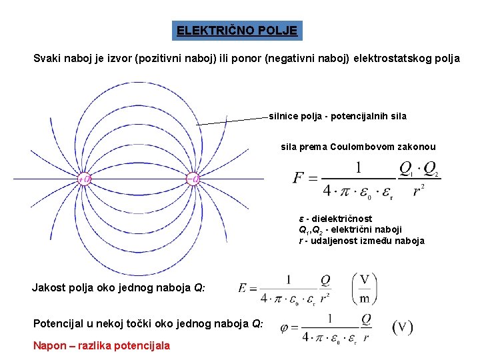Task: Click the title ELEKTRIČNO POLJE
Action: coord(237,31)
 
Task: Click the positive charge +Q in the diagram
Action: coord(85,179)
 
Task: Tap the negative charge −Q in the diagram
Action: coord(193,179)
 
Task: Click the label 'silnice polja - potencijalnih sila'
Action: coord(337,116)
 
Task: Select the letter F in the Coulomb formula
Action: coord(299,179)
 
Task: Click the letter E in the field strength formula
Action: coord(243,288)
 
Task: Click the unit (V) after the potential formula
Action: coord(402,327)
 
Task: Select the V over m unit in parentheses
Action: coord(364,287)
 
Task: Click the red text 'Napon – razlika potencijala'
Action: coord(101,345)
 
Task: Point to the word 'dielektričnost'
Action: coord(344,219)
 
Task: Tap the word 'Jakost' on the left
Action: coord(47,288)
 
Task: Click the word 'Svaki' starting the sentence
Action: coord(47,59)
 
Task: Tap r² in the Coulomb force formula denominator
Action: coord(418,191)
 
